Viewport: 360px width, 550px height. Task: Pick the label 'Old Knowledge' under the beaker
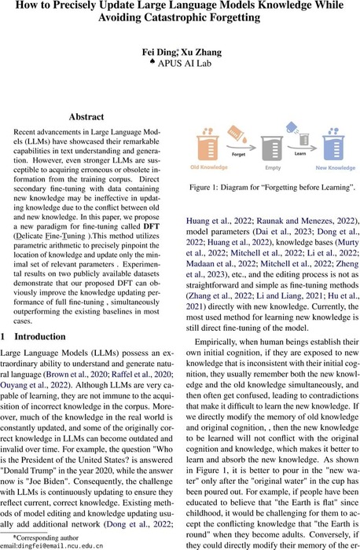[210, 167]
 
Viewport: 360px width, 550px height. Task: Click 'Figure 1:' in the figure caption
[219, 188]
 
